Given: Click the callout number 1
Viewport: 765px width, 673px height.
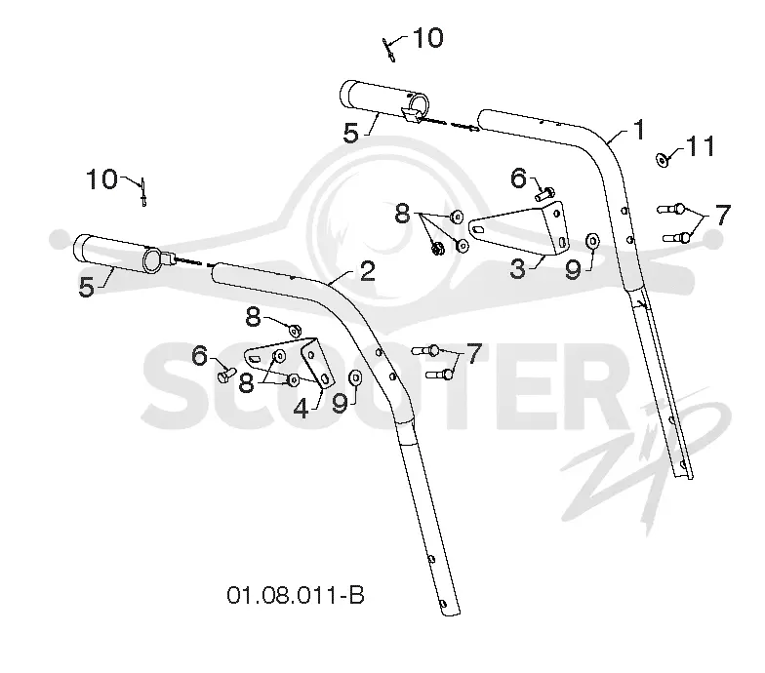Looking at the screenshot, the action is [638, 130].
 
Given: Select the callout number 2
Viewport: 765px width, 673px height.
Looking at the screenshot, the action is [367, 271].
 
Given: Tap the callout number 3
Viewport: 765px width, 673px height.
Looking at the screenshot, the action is [517, 269].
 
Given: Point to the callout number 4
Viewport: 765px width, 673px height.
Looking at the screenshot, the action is [301, 408].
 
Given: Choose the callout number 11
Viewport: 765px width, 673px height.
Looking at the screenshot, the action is [701, 146].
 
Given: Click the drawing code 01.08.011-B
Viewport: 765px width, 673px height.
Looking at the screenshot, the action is [296, 595].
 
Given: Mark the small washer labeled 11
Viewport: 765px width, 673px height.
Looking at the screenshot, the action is [662, 160].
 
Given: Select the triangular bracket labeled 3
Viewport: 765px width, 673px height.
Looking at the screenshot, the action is [519, 228].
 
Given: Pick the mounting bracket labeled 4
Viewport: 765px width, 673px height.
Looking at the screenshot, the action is [290, 363].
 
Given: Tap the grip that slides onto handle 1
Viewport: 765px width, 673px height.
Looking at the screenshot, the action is [384, 99].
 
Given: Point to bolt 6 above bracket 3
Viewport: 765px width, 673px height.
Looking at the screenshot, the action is [544, 193].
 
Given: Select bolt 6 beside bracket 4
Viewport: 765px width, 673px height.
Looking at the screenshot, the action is [224, 375].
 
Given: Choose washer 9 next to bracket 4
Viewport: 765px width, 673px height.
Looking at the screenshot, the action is [355, 377].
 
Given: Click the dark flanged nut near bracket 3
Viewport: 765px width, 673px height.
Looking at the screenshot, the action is [437, 248].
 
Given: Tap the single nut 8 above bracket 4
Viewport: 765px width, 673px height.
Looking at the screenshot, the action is [295, 331].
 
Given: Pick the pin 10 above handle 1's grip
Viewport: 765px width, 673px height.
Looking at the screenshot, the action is [388, 50].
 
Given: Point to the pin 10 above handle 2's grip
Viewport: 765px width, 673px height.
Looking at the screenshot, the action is [143, 192].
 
